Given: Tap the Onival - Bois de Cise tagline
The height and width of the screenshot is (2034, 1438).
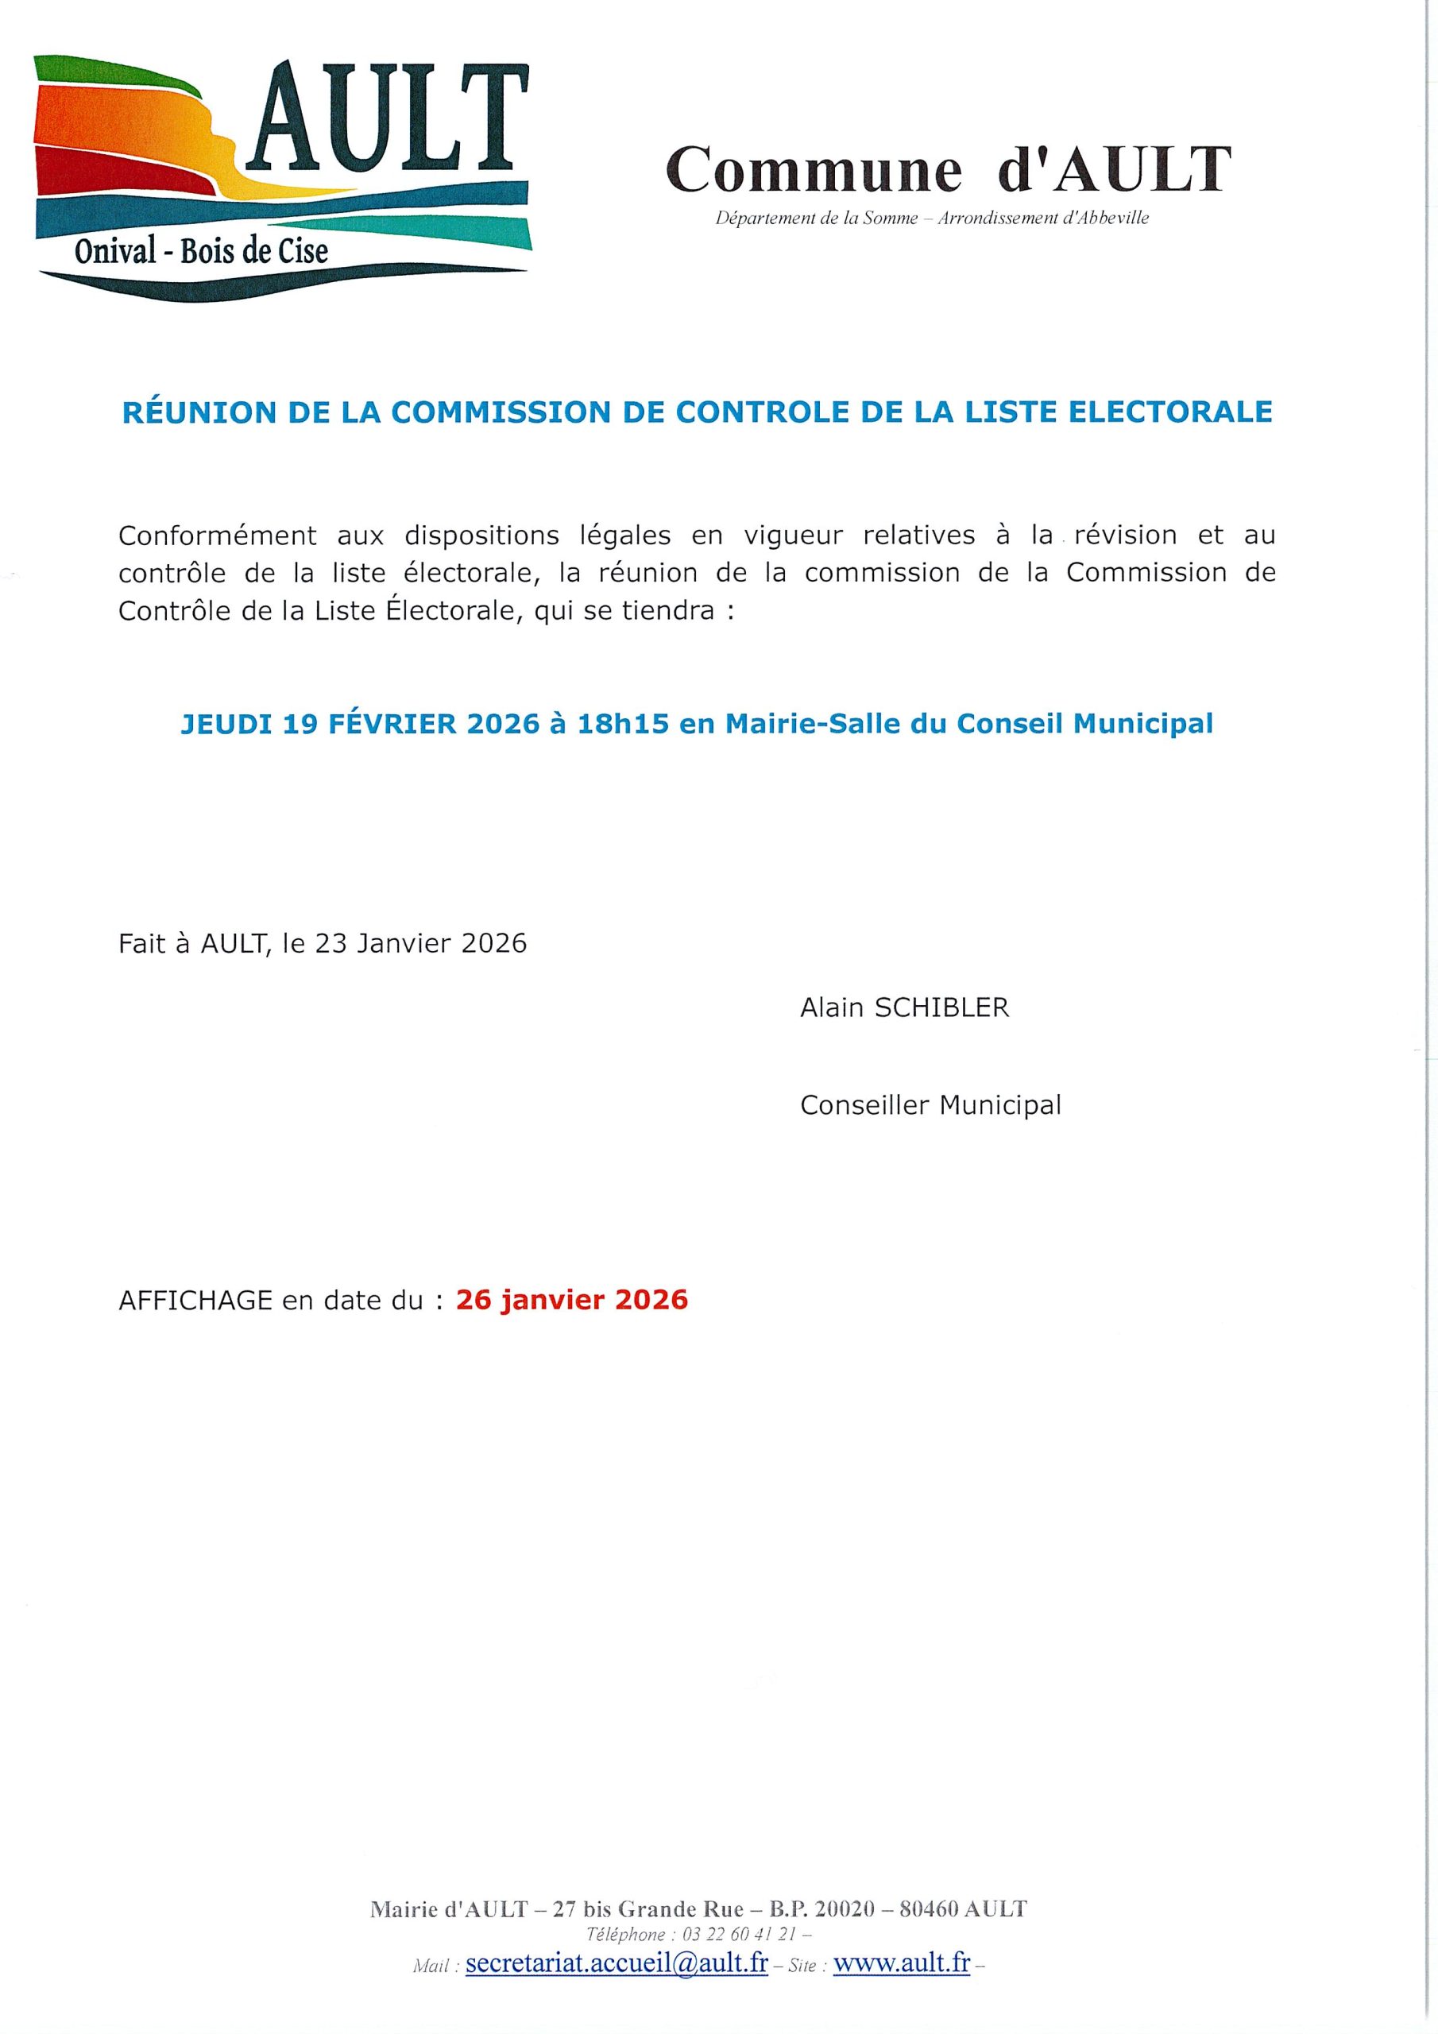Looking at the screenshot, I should (201, 253).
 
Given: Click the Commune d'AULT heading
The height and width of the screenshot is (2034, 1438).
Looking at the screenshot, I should (948, 169).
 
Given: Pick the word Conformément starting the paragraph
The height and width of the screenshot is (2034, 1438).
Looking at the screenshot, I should (217, 536).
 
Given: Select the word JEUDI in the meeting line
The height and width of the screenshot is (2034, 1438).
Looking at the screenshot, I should (226, 724).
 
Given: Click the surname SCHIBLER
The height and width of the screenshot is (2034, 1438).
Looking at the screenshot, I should (941, 1008).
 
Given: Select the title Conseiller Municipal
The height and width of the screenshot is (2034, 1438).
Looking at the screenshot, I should (930, 1105).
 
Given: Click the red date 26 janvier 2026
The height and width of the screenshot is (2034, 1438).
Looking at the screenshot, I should (571, 1300).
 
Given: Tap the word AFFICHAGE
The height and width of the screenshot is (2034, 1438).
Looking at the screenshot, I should (195, 1301).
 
